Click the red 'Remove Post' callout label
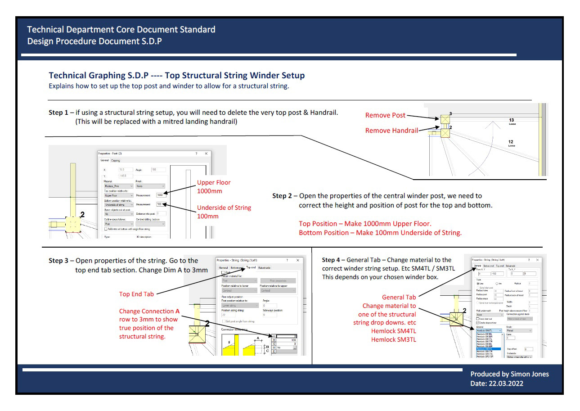385,115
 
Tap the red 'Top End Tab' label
136,294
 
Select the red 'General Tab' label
399,297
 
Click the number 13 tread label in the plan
512,120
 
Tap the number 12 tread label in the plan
511,142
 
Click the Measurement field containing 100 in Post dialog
160,204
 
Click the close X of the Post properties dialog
206,154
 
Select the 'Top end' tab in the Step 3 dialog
251,267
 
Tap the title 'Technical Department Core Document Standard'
121,30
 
